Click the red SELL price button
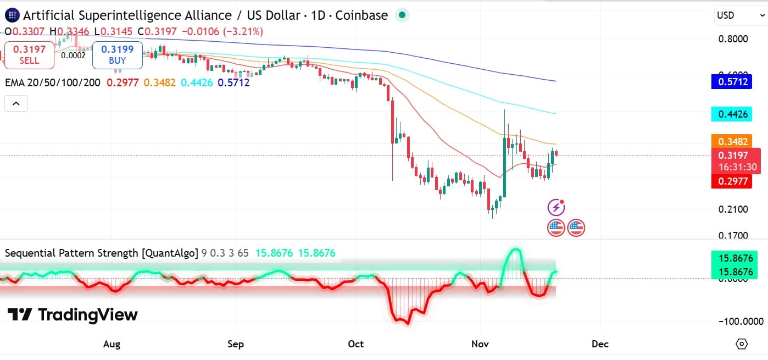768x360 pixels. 29,55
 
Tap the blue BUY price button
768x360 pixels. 117,55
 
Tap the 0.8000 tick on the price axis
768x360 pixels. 733,39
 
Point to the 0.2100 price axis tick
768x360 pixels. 733,209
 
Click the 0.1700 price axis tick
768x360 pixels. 733,235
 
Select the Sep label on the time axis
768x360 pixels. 235,344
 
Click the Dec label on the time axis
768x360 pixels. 600,344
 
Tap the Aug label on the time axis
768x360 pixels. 112,344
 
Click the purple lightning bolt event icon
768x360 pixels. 556,207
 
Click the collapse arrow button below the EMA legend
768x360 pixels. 16,103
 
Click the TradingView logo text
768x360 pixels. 73,315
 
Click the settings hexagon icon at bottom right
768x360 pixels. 741,344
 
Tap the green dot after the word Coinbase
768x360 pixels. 402,15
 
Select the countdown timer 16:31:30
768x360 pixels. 737,167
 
